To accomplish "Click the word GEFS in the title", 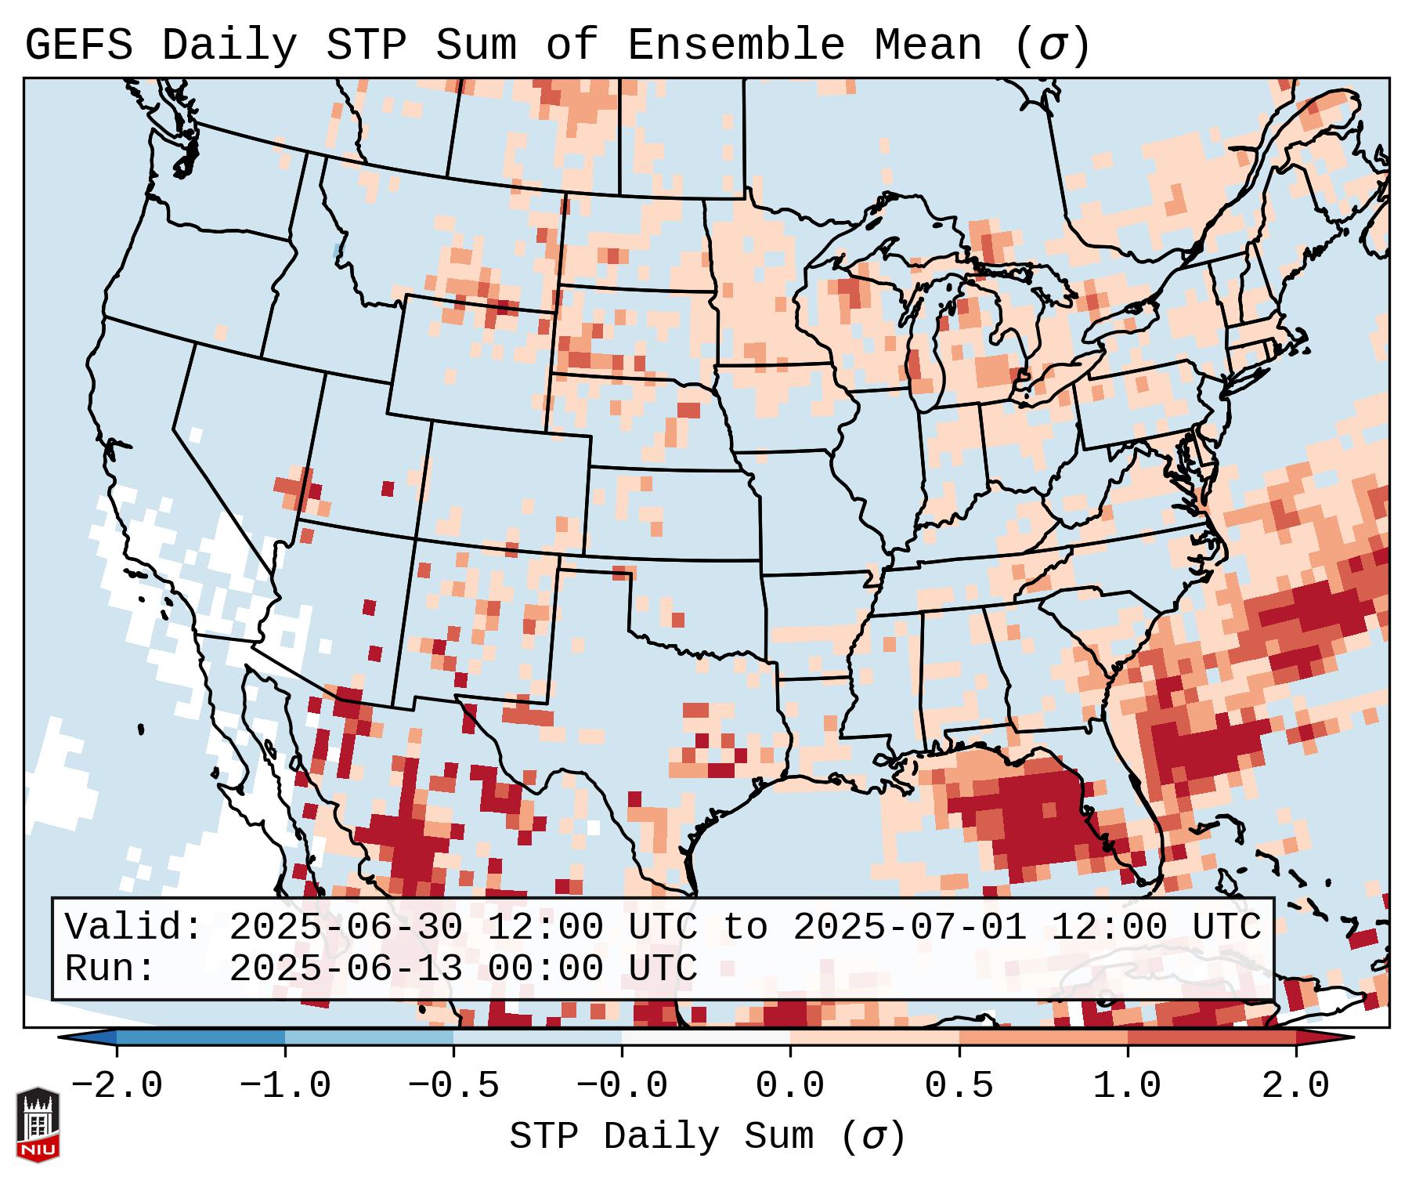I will pos(78,45).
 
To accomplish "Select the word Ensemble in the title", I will pos(735,45).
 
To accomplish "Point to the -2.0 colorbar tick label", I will pos(117,1086).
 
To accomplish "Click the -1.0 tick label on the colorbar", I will pos(285,1086).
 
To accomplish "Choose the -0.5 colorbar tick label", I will pos(453,1086).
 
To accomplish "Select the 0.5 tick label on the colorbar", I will pos(959,1086).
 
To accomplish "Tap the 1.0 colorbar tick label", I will pos(1127,1086).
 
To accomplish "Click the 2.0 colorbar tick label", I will pos(1295,1086).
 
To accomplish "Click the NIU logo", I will pos(38,1125).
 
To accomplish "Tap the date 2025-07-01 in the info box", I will pos(909,928).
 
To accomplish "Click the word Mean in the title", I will pos(927,45).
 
